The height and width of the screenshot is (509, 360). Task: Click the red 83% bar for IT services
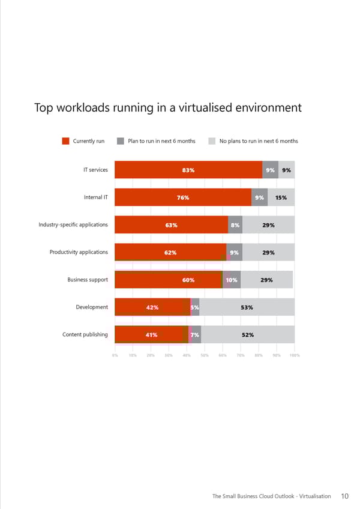tap(188, 170)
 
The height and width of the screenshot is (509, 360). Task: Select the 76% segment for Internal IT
tap(183, 197)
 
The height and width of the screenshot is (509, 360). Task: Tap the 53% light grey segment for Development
tap(247, 307)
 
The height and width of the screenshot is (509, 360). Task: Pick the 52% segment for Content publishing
tap(247, 335)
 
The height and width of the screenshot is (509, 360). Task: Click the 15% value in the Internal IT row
tap(280, 197)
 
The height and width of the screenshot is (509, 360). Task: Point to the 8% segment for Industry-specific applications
tap(235, 225)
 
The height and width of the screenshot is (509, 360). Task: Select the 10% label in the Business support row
tap(232, 280)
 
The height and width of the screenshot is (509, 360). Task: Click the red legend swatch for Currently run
tap(66, 141)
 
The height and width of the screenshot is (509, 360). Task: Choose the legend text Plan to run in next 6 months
tap(161, 141)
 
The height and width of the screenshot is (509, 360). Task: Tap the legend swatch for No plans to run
tap(212, 141)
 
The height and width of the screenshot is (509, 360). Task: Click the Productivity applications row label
tap(79, 252)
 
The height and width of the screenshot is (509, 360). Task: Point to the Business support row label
tap(88, 280)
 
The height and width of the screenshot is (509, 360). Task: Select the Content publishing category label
tap(85, 334)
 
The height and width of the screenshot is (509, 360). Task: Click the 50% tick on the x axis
tap(205, 355)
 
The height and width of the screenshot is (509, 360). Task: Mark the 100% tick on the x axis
tap(295, 355)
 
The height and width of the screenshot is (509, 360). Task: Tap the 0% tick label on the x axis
tap(114, 355)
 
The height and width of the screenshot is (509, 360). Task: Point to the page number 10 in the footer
tap(344, 496)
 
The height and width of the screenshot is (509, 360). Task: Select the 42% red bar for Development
tap(152, 307)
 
